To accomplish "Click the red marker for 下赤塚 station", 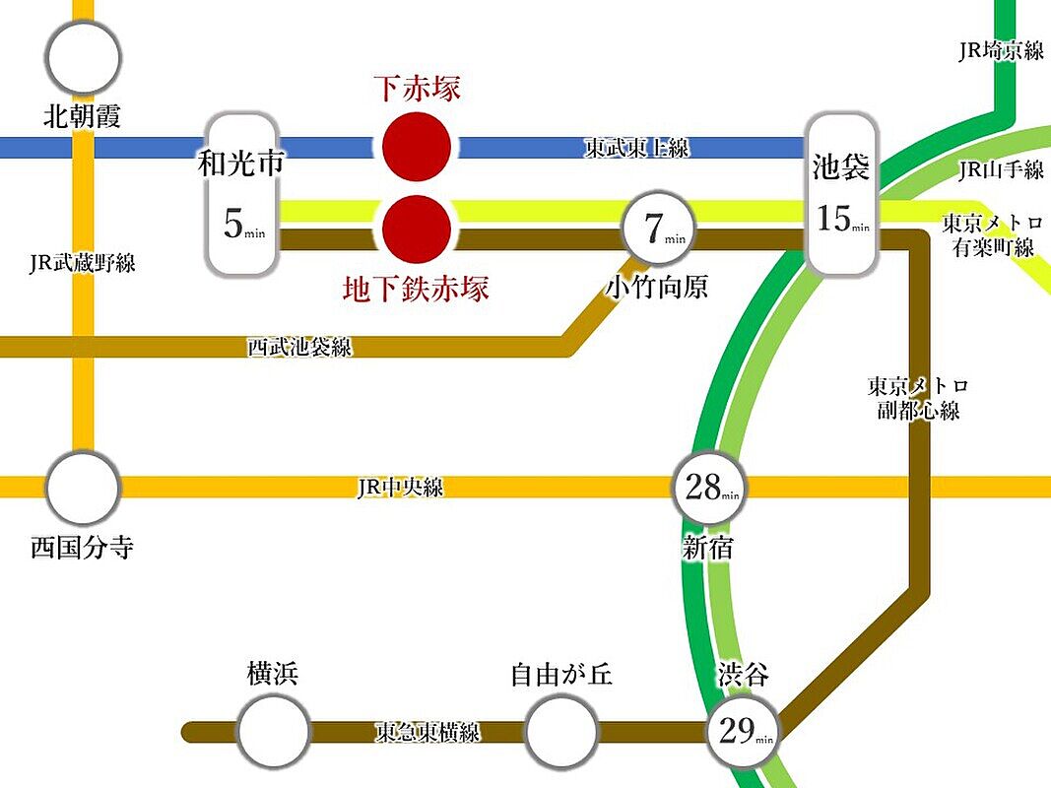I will (x=417, y=147).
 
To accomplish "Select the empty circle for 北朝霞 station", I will (x=84, y=55).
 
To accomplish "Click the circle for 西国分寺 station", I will (x=84, y=488).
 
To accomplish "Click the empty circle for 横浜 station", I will (x=273, y=731).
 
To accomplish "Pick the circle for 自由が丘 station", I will (x=561, y=731).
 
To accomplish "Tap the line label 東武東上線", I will (x=636, y=148).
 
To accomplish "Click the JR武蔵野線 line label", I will (x=83, y=262).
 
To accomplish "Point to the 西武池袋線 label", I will (x=298, y=347).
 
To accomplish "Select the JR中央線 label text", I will (x=400, y=488).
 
